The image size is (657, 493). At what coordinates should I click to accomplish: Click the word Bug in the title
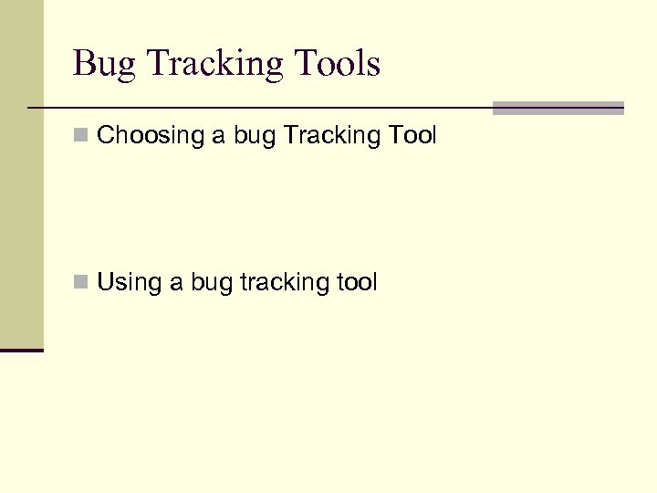(102, 65)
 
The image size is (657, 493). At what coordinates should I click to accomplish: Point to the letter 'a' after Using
(176, 283)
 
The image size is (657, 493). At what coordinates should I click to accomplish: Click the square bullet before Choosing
(81, 136)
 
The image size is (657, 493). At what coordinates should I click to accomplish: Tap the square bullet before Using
(81, 283)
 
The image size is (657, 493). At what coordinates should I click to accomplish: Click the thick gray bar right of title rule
(558, 108)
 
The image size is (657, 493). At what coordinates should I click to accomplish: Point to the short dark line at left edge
(21, 350)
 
